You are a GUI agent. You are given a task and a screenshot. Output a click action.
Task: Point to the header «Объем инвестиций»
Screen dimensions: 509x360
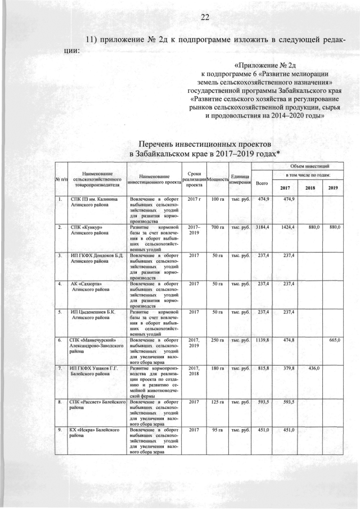point(305,166)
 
